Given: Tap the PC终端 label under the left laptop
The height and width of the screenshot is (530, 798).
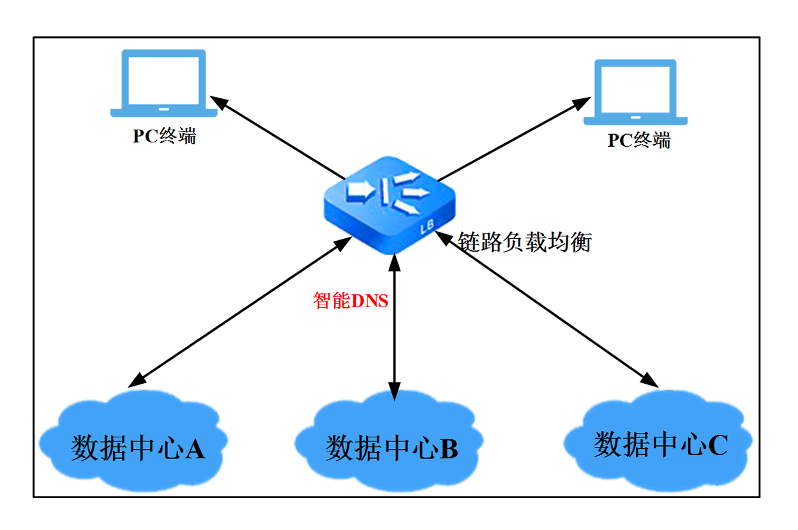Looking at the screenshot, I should tap(164, 136).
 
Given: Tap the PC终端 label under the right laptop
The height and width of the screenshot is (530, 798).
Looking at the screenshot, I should tap(639, 140).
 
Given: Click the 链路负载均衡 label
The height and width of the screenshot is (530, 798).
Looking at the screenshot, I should tap(525, 242).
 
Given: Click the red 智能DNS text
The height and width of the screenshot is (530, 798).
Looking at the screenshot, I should tap(350, 300).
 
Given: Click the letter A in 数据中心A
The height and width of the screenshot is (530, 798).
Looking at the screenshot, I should tap(195, 449).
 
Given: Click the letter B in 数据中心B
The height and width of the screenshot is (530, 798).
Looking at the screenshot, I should tap(449, 449).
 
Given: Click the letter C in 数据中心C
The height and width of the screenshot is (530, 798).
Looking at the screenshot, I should tap(717, 445).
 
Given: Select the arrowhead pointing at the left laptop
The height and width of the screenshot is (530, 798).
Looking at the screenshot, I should tap(219, 102).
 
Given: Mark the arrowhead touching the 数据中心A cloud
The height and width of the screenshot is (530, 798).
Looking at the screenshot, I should tap(136, 382).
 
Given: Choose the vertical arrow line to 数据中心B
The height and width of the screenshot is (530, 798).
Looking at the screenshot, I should tap(395, 326).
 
